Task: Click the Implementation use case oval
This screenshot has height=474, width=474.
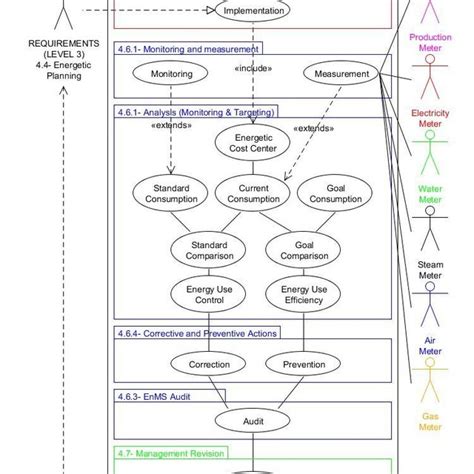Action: [x=253, y=12]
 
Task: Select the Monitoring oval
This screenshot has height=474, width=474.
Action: [x=171, y=74]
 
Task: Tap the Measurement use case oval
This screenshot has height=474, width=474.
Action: [x=341, y=73]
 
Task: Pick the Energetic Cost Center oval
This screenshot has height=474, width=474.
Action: [x=253, y=144]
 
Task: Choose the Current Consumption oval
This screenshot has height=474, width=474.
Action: [x=253, y=194]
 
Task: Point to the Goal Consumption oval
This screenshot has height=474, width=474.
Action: [x=331, y=194]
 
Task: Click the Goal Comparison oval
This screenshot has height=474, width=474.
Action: [x=296, y=251]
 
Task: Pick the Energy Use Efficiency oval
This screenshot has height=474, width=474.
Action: [x=296, y=295]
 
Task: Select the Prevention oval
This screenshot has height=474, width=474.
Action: [x=296, y=365]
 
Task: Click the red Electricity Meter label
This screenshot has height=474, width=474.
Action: [x=430, y=120]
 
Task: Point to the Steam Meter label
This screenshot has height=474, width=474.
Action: [x=430, y=270]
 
